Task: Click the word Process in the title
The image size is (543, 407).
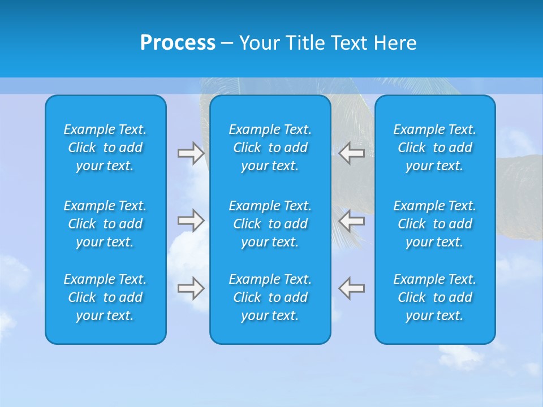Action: click(x=178, y=43)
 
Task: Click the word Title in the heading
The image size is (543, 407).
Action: click(x=304, y=43)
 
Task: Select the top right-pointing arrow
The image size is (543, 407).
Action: click(x=191, y=153)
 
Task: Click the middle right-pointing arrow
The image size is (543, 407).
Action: click(x=191, y=220)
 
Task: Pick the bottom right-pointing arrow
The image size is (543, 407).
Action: click(x=191, y=288)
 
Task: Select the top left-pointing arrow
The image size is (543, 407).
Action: click(x=351, y=153)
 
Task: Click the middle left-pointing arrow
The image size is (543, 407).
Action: click(x=351, y=220)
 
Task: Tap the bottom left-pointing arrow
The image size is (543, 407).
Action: click(x=351, y=288)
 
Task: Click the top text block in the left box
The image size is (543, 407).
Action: click(x=105, y=148)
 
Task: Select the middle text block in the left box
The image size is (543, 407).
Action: click(x=105, y=224)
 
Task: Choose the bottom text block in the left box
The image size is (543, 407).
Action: click(x=105, y=297)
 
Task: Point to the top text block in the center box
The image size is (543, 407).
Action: click(x=270, y=148)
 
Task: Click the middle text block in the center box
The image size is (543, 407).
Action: click(x=270, y=224)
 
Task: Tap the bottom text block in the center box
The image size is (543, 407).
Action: click(x=270, y=297)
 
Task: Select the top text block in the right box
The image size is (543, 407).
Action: click(x=434, y=148)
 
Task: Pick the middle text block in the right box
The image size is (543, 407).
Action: click(x=434, y=224)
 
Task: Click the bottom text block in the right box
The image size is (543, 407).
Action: click(x=434, y=297)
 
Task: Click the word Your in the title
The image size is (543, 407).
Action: click(x=259, y=43)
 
